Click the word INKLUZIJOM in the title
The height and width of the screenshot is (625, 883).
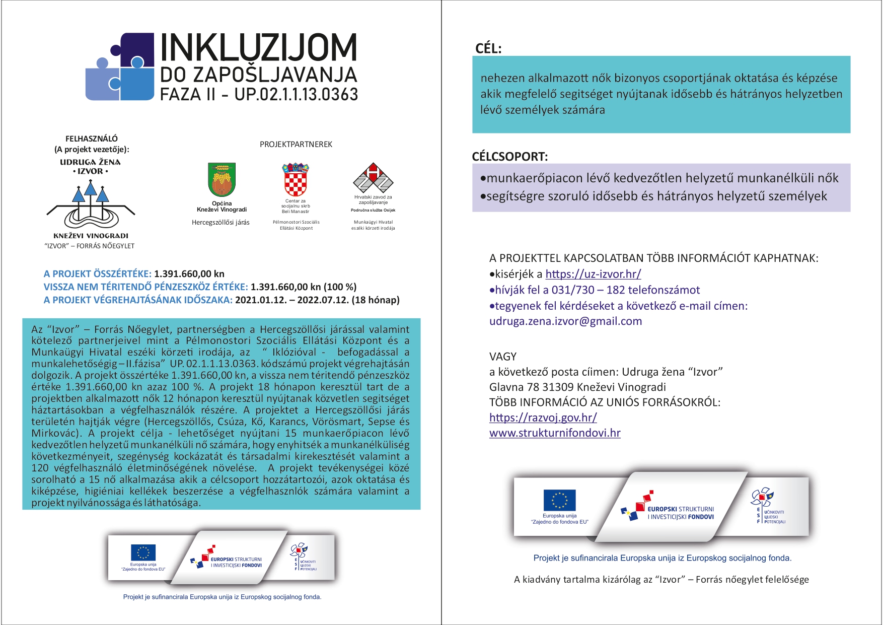258,49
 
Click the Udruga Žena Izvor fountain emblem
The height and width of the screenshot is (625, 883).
91,206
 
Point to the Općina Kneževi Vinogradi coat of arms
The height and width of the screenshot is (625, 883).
222,180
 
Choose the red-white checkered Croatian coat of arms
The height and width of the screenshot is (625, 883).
296,180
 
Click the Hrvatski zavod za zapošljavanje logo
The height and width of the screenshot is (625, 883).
373,178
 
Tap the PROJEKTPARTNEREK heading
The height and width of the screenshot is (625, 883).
296,145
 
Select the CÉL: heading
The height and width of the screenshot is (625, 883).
488,49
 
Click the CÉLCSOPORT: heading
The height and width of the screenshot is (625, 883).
509,157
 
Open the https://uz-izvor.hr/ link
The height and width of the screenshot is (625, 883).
593,274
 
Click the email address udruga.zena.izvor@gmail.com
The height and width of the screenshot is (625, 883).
565,321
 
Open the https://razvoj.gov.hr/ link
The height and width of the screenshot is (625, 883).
543,418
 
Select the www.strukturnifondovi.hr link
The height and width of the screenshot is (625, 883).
555,433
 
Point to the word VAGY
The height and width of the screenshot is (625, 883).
503,357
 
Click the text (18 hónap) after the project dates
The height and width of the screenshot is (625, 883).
376,300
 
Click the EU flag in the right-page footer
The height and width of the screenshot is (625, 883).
559,500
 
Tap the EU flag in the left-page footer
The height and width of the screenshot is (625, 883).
143,552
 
